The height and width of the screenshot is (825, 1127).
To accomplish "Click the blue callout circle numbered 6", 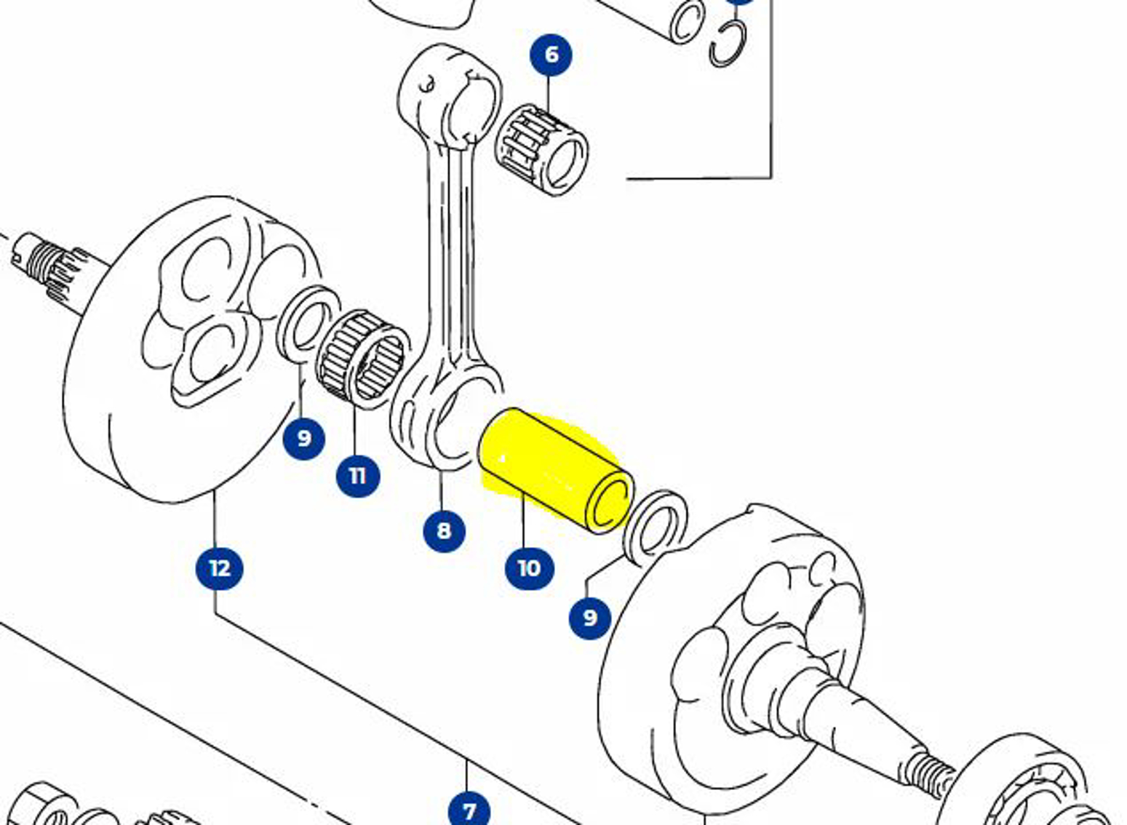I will pos(551,55).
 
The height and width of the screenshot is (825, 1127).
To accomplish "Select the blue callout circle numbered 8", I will pos(444,530).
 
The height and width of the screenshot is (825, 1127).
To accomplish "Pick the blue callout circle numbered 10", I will pos(529,567).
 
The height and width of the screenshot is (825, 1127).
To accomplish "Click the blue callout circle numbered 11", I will pos(357,476).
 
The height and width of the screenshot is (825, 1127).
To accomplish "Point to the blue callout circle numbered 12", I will pos(219,567).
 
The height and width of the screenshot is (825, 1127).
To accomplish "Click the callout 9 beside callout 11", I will pos(303,438).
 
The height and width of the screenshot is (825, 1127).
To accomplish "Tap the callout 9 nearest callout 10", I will pos(589,618).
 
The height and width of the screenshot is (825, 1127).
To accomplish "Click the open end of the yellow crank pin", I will pos(609,502).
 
